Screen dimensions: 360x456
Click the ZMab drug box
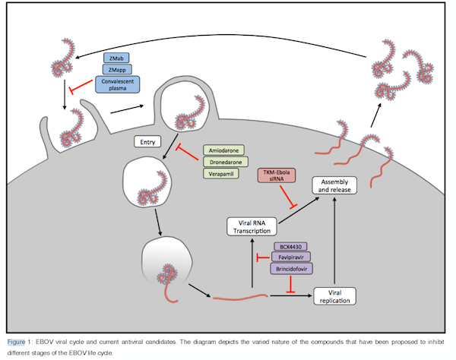pyautogui.click(x=118, y=58)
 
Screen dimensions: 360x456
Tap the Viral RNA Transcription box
pyautogui.click(x=252, y=225)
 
